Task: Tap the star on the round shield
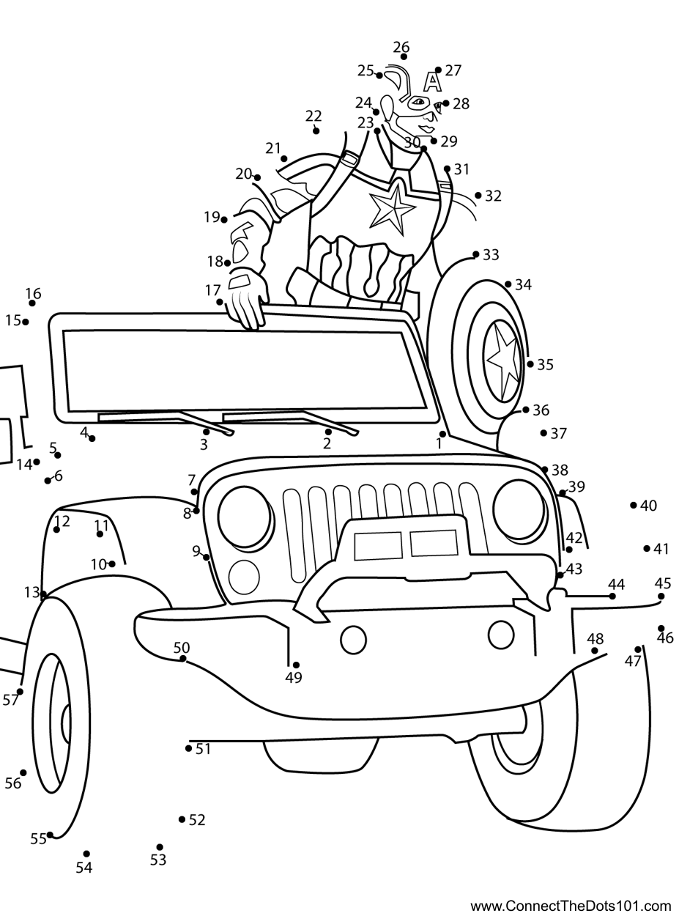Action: click(x=503, y=360)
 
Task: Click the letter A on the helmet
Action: click(x=433, y=81)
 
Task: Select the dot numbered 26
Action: click(x=404, y=57)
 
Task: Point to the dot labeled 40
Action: click(x=634, y=505)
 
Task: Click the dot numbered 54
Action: click(x=86, y=854)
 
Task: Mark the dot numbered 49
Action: click(x=296, y=665)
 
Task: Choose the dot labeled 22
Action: click(x=316, y=130)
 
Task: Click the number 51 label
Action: click(x=204, y=749)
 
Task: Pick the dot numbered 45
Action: click(x=661, y=596)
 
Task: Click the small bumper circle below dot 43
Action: click(x=501, y=634)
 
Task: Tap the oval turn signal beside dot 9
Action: click(x=244, y=577)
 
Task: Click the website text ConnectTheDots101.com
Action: click(x=571, y=906)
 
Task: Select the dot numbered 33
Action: click(x=476, y=255)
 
